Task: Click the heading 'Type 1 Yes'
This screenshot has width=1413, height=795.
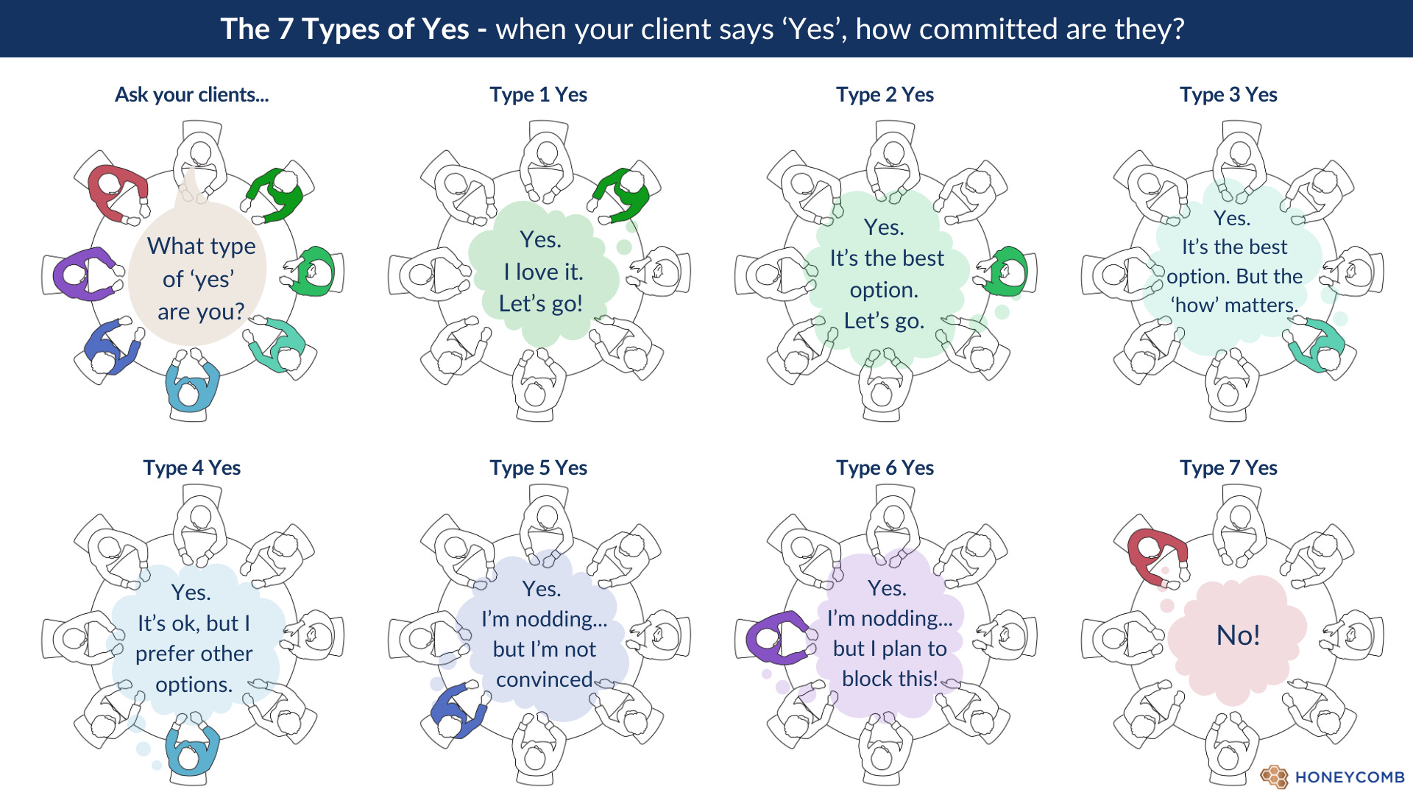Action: point(538,95)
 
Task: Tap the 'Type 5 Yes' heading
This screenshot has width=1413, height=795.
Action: point(538,468)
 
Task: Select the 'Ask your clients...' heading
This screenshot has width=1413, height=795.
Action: point(191,95)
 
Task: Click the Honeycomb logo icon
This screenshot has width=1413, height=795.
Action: point(1274,777)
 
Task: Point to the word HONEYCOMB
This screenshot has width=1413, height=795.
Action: point(1349,777)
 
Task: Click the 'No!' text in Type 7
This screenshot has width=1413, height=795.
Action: point(1238,635)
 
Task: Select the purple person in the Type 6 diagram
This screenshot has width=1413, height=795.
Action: point(776,637)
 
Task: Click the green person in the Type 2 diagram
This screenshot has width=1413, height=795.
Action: point(1005,271)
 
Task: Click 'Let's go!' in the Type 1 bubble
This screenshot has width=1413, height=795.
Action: point(540,303)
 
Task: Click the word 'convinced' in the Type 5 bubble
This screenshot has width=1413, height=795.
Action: point(544,679)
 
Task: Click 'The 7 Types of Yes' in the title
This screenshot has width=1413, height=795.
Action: point(344,29)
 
